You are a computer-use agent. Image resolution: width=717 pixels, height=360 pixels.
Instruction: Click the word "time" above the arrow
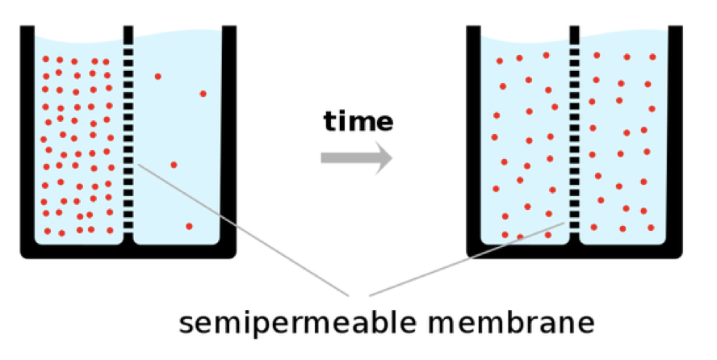[x=358, y=122]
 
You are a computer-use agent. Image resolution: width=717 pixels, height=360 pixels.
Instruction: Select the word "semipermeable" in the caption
[x=300, y=323]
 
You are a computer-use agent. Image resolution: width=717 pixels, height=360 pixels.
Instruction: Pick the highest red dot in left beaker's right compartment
[x=157, y=77]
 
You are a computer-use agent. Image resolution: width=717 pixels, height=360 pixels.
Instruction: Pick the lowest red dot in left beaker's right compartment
[x=189, y=226]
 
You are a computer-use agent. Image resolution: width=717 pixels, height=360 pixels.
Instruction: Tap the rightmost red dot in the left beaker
[x=203, y=94]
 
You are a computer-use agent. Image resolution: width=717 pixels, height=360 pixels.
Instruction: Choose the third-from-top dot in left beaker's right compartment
[x=174, y=165]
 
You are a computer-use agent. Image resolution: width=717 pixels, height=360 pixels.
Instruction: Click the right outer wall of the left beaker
[x=229, y=137]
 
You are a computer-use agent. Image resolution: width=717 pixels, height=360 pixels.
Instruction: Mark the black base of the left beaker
[x=128, y=251]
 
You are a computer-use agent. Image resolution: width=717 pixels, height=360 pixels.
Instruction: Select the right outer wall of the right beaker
[x=677, y=137]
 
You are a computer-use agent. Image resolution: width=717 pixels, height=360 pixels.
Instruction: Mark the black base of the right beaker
[x=575, y=251]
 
